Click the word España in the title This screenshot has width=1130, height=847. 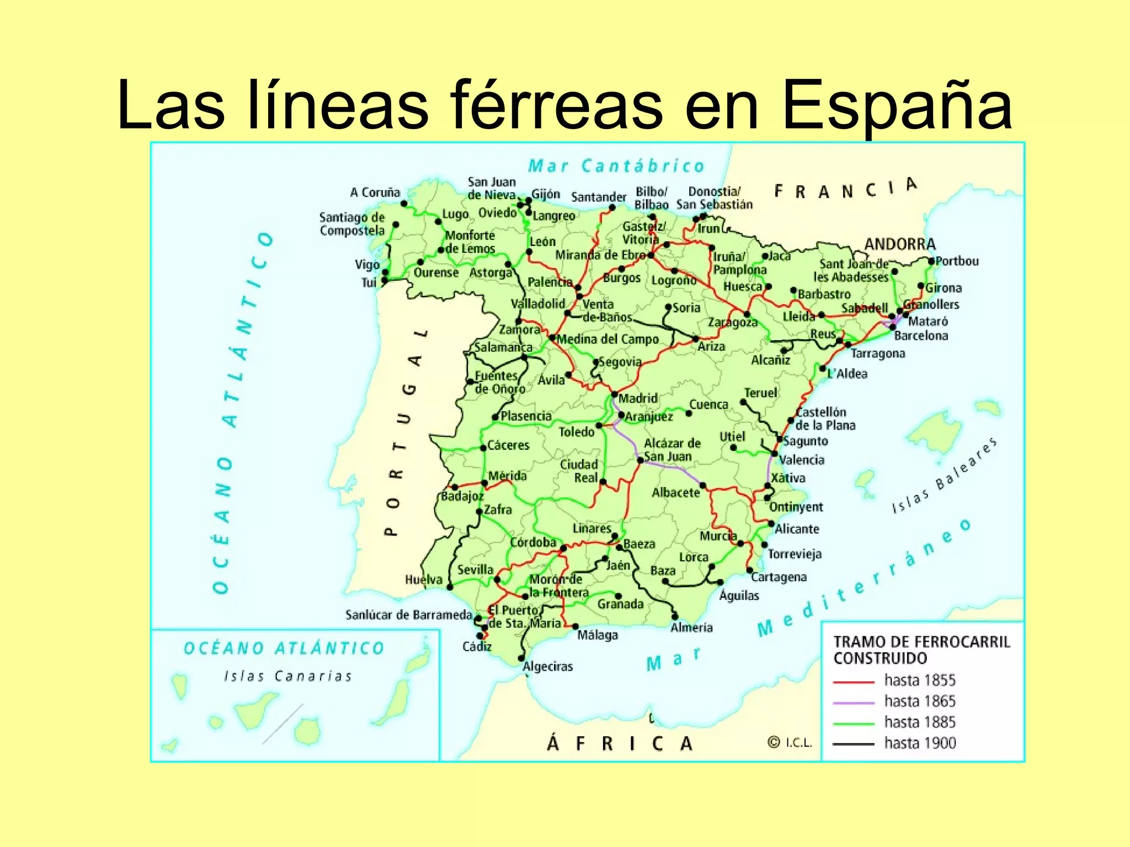[897, 106]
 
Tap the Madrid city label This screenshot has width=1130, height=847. [638, 398]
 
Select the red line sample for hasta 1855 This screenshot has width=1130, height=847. [854, 682]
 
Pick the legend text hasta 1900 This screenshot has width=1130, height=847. [920, 743]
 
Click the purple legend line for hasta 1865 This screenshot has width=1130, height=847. [854, 703]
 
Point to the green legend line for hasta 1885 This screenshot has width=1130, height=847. [854, 723]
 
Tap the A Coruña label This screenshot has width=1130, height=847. [375, 192]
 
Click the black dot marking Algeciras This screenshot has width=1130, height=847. [521, 658]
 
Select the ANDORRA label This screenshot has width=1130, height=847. [900, 244]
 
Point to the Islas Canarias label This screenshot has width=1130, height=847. [287, 676]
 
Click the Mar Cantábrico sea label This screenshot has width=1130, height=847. [616, 166]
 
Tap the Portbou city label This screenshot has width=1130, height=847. [957, 261]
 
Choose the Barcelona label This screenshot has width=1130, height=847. [921, 336]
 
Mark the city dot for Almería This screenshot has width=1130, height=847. [675, 617]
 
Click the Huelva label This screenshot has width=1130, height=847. [424, 580]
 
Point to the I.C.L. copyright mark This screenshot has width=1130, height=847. [790, 743]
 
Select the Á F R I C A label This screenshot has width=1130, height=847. [619, 743]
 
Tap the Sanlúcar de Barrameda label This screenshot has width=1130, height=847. [408, 615]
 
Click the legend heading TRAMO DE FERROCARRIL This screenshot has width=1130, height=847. [921, 642]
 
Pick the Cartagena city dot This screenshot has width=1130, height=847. [750, 570]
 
